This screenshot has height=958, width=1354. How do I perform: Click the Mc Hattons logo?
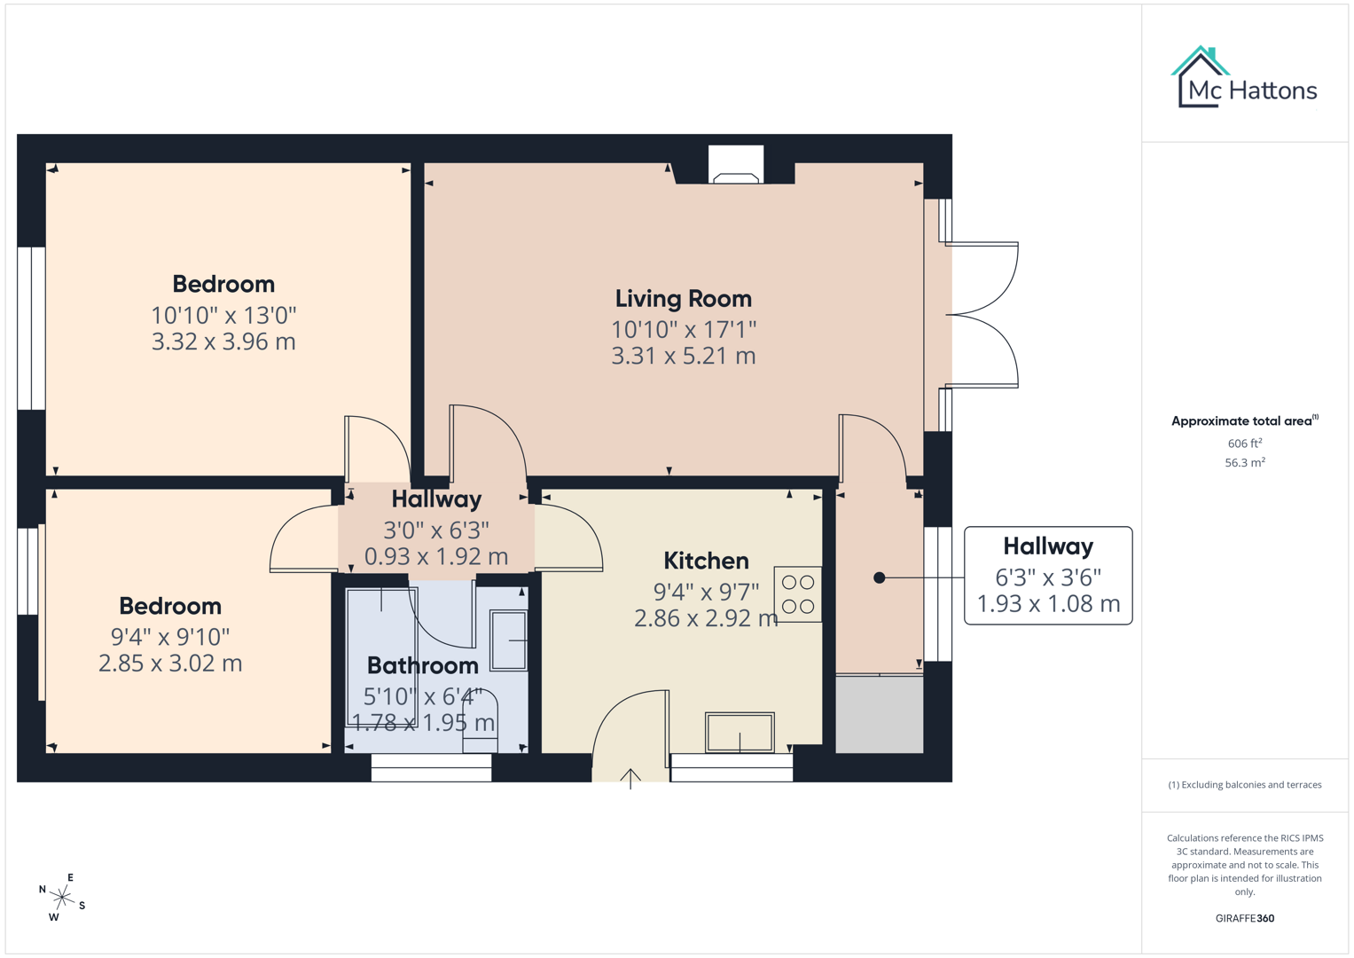(1244, 78)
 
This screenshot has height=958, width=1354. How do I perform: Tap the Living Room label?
(683, 299)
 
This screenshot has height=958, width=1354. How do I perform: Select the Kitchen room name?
(706, 561)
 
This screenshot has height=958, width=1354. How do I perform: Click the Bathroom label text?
(422, 665)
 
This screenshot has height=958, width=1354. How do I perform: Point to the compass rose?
(62, 898)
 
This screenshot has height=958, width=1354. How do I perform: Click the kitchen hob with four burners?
(797, 594)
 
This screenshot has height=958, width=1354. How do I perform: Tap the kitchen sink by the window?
(740, 733)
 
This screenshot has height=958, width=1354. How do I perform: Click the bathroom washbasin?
(509, 640)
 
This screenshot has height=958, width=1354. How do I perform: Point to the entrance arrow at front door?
(630, 778)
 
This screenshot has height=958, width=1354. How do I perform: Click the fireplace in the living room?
(735, 166)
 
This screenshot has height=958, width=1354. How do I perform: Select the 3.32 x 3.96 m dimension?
(223, 342)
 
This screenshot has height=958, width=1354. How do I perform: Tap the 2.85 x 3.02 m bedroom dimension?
(170, 664)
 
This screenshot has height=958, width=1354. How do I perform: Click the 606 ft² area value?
(1244, 444)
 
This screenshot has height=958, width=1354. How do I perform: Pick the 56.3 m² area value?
(1244, 463)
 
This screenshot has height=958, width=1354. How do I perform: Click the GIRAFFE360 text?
(1244, 918)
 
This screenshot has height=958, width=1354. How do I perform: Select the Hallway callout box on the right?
(1047, 576)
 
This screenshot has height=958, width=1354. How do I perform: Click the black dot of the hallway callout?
(879, 577)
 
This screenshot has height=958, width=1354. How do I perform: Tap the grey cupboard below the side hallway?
(879, 715)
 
